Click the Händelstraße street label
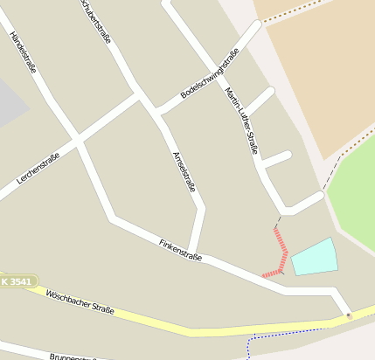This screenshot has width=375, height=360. coord(23,52)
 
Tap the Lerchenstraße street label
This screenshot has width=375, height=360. coord(38,168)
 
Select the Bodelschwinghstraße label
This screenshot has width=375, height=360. coord(210,73)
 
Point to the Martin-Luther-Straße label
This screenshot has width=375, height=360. coord(241,120)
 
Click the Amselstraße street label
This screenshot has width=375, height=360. coord(184,171)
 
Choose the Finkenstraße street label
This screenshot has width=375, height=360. coord(181,251)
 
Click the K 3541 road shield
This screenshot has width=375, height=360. coord(17,281)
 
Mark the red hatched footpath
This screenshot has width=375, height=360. coord(281,252)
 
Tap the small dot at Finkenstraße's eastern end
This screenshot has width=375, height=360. coord(348,315)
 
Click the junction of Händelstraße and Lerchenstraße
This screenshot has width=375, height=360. coord(78,138)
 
